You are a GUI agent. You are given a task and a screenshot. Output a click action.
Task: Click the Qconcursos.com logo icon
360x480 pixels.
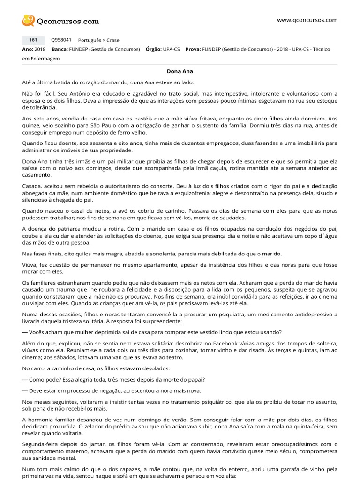pyautogui.click(x=29, y=21)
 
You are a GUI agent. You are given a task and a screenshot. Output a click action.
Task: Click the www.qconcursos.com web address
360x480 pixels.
pyautogui.click(x=307, y=20)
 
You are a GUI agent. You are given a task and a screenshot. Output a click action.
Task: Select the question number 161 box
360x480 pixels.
pyautogui.click(x=33, y=40)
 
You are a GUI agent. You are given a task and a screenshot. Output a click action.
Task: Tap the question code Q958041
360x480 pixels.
pyautogui.click(x=61, y=40)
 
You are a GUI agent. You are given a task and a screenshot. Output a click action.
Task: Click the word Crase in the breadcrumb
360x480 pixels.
pyautogui.click(x=113, y=40)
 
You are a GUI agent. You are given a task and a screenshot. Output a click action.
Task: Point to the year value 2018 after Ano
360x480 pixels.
pyautogui.click(x=40, y=49)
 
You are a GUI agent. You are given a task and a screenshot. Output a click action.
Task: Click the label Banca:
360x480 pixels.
pyautogui.click(x=60, y=49)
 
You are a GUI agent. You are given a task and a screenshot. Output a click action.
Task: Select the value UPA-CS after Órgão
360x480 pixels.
pyautogui.click(x=172, y=49)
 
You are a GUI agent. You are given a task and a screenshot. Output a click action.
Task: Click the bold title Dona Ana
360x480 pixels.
pyautogui.click(x=180, y=71)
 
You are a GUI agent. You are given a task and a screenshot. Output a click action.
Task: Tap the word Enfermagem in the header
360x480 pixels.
pyautogui.click(x=45, y=59)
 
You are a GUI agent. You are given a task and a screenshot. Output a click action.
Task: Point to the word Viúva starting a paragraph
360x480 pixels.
pyautogui.click(x=30, y=265)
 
